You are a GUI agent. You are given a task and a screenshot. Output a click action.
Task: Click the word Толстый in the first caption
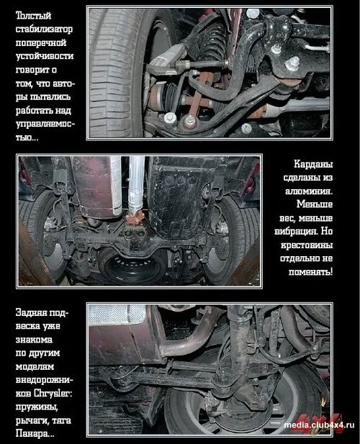(x=33, y=15)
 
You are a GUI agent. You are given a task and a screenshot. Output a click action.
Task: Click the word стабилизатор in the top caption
(x=44, y=30)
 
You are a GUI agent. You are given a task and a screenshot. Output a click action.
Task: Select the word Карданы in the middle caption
(x=313, y=164)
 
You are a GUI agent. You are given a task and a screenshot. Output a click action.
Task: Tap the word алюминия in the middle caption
(x=309, y=191)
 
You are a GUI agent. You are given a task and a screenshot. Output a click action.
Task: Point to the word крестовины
(x=307, y=245)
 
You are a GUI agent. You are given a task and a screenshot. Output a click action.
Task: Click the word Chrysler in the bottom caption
(x=53, y=394)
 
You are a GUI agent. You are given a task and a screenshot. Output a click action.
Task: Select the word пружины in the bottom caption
(x=37, y=407)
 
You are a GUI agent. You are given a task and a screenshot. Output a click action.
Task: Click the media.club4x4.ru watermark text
(x=319, y=425)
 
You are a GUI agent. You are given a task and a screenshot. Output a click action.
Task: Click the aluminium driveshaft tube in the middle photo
(x=136, y=184)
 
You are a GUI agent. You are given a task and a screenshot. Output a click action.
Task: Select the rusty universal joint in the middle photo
(x=135, y=218)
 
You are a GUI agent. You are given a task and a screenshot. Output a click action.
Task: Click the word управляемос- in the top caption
(x=45, y=124)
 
